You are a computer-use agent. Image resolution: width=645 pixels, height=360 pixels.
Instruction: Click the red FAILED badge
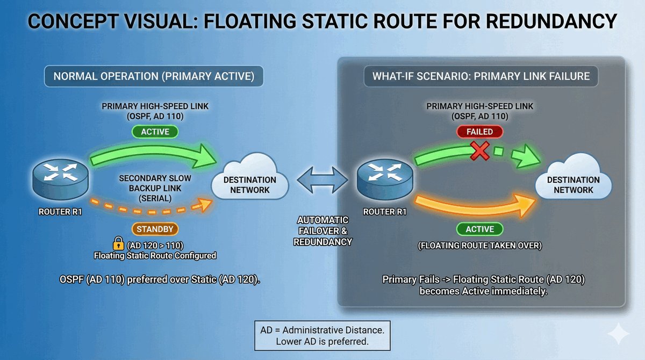(x=480, y=132)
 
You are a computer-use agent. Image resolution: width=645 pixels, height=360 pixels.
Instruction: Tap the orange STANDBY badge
(x=155, y=229)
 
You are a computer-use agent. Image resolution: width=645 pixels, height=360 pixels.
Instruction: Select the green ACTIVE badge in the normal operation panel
(x=155, y=132)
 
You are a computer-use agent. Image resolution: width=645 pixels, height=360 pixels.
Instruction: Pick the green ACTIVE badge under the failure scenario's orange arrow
(x=480, y=229)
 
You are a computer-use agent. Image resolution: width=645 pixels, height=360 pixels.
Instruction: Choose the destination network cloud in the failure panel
(x=574, y=181)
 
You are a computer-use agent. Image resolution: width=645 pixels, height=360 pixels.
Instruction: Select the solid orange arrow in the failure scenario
(x=473, y=207)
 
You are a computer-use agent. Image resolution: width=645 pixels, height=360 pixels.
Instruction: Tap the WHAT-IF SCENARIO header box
(x=481, y=76)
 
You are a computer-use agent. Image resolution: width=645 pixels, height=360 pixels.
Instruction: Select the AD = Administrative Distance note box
(x=322, y=335)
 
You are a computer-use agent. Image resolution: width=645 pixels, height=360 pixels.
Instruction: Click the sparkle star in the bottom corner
(x=618, y=334)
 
